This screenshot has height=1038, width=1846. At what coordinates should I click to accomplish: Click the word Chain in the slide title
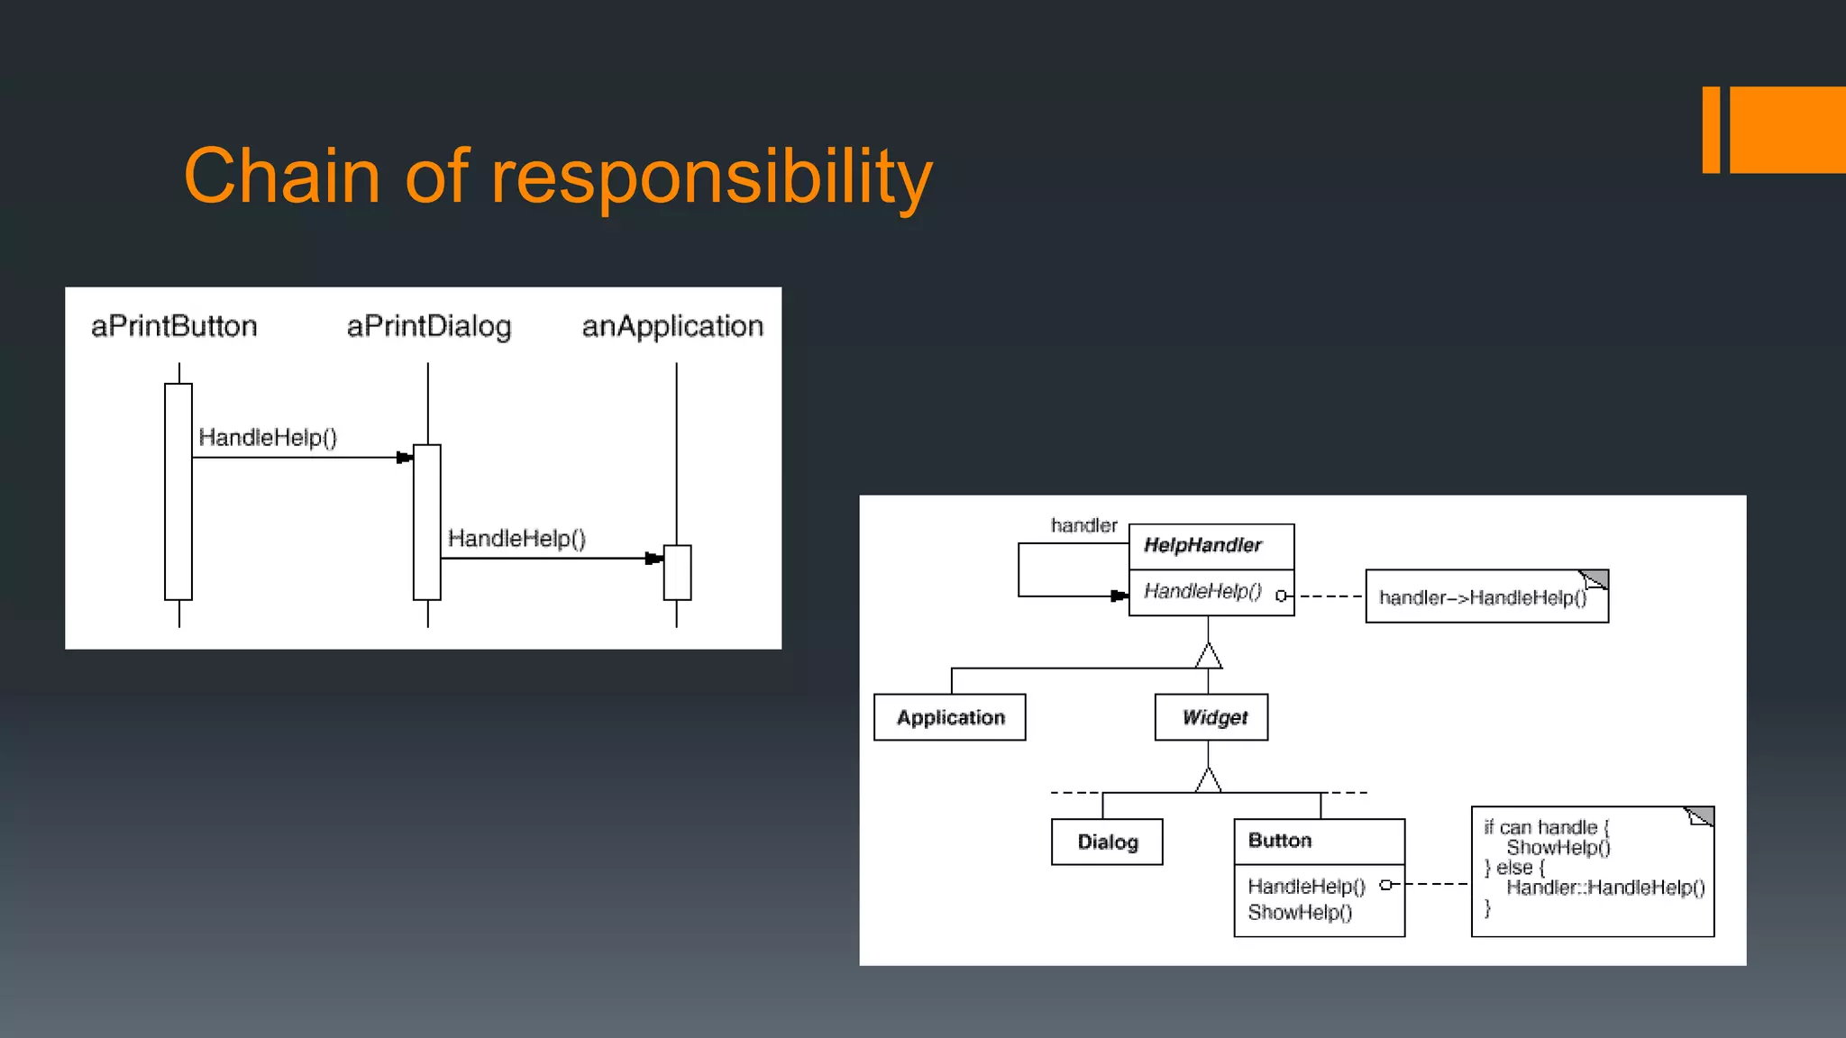tap(281, 176)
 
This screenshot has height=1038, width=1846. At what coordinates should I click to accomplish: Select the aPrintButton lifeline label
tap(174, 326)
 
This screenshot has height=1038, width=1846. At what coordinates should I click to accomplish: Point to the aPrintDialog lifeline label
tap(429, 326)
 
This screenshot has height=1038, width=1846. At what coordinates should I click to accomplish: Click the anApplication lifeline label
tap(672, 326)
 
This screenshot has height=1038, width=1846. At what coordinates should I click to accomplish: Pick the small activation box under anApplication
tap(677, 572)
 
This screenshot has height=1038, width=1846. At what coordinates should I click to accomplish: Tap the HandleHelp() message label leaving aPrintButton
tap(268, 438)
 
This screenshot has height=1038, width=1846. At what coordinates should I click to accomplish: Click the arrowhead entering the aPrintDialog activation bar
tap(405, 458)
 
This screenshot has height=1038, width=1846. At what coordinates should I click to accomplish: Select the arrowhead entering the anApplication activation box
tap(654, 559)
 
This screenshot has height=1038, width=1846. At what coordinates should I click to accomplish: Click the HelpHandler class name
tap(1202, 545)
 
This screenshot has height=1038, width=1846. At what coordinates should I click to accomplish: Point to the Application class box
tap(950, 717)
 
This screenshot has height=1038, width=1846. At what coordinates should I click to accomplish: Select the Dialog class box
tap(1107, 842)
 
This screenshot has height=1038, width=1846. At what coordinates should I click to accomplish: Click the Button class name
tap(1280, 841)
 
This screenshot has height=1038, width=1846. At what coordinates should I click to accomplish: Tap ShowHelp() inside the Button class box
tap(1300, 913)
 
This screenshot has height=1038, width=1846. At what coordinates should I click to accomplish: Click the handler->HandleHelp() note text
tap(1483, 597)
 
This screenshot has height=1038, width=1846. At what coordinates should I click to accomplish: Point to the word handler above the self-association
tap(1083, 525)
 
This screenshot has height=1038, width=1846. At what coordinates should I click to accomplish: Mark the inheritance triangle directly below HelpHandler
tap(1209, 656)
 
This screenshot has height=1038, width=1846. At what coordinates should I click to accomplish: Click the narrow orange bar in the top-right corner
tap(1711, 130)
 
